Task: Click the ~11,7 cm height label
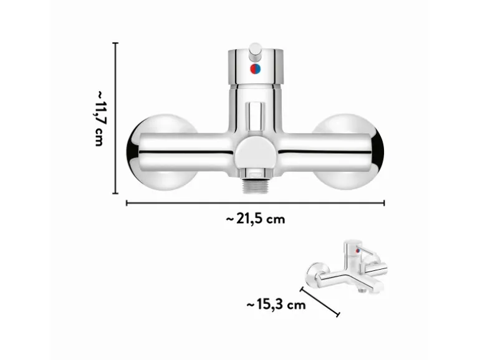tap(100, 118)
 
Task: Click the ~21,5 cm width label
tap(256, 219)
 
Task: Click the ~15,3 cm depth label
tap(276, 305)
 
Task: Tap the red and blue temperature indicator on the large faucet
tap(255, 69)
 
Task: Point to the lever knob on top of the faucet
tap(255, 51)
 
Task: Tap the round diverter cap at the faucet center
tap(256, 151)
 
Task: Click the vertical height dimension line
tap(115, 118)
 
